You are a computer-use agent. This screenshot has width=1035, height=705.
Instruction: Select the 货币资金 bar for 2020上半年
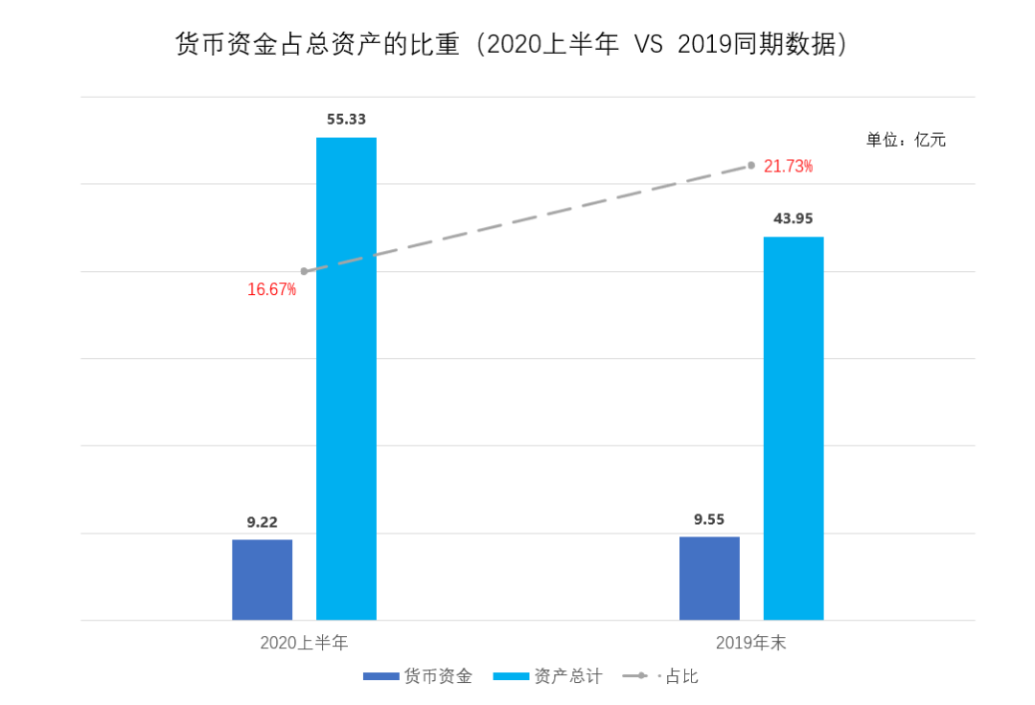(262, 580)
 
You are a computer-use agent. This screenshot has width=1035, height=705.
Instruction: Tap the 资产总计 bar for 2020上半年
(346, 378)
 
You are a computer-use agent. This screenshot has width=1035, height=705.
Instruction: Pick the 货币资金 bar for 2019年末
(709, 578)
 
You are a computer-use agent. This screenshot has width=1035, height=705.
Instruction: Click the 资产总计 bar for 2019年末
(793, 428)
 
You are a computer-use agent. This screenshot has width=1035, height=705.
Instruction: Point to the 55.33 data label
(346, 120)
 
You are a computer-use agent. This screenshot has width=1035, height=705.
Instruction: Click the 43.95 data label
(793, 218)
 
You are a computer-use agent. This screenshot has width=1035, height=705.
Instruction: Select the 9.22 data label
(262, 522)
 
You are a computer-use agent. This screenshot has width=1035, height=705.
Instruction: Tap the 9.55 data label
(709, 519)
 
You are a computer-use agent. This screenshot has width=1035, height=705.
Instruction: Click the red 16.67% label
(271, 289)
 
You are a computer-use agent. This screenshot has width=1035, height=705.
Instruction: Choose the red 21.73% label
(788, 167)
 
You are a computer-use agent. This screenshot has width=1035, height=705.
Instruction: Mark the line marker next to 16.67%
(304, 271)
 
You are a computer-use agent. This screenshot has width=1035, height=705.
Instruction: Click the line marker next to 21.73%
(751, 166)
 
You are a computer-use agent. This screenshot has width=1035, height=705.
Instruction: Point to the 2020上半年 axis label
(304, 643)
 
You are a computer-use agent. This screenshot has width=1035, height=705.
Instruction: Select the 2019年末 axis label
(750, 643)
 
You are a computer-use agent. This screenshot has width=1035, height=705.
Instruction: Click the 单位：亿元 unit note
(906, 140)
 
